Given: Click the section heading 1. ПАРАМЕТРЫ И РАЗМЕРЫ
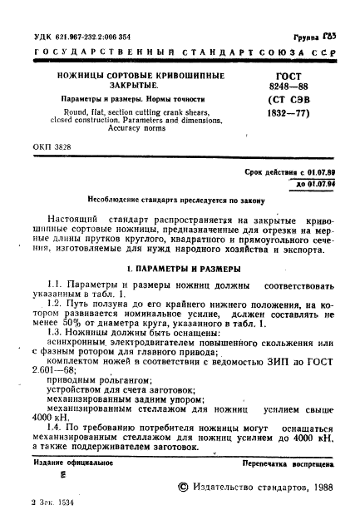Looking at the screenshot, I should pos(180,269).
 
